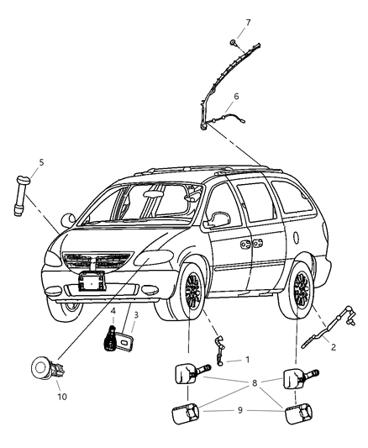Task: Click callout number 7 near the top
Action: click(x=248, y=23)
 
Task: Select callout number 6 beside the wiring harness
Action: click(x=236, y=97)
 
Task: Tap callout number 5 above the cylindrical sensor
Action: click(x=41, y=162)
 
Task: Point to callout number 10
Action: click(x=62, y=397)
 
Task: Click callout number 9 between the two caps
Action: click(x=239, y=410)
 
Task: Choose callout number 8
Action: click(x=255, y=383)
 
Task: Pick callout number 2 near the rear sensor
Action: click(x=334, y=347)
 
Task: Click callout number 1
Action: click(x=247, y=360)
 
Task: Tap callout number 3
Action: click(x=136, y=315)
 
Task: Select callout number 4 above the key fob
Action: click(x=113, y=311)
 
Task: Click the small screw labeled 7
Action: click(x=233, y=43)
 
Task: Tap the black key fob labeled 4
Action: click(x=110, y=338)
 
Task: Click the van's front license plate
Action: click(x=92, y=281)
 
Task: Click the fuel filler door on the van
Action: click(x=296, y=238)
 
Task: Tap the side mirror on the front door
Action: click(x=218, y=219)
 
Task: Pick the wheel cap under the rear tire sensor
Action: click(x=297, y=414)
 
